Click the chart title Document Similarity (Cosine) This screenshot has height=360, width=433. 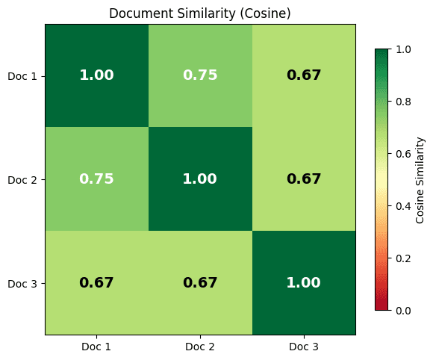[x=200, y=13]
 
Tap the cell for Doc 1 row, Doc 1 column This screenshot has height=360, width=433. [x=96, y=75]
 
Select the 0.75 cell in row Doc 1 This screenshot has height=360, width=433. [x=200, y=75]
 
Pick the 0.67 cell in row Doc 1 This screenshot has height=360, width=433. [x=303, y=75]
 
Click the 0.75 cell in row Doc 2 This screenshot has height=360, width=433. [x=96, y=179]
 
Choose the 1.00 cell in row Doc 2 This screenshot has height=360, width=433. [x=200, y=179]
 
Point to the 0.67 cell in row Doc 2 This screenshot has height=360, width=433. [x=303, y=179]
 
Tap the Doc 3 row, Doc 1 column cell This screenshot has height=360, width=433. [x=96, y=283]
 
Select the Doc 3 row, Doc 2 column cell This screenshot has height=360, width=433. [x=200, y=283]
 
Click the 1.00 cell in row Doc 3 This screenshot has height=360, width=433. [x=303, y=283]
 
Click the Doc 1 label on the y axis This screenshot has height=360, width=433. [x=22, y=76]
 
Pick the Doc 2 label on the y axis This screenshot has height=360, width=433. [x=22, y=179]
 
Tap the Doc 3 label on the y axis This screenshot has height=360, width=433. [x=22, y=283]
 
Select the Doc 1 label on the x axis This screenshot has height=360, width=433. [x=96, y=347]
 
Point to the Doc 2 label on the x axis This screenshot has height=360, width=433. [x=200, y=347]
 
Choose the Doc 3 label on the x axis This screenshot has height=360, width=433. [x=303, y=347]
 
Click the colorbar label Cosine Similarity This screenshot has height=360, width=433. [x=420, y=179]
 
